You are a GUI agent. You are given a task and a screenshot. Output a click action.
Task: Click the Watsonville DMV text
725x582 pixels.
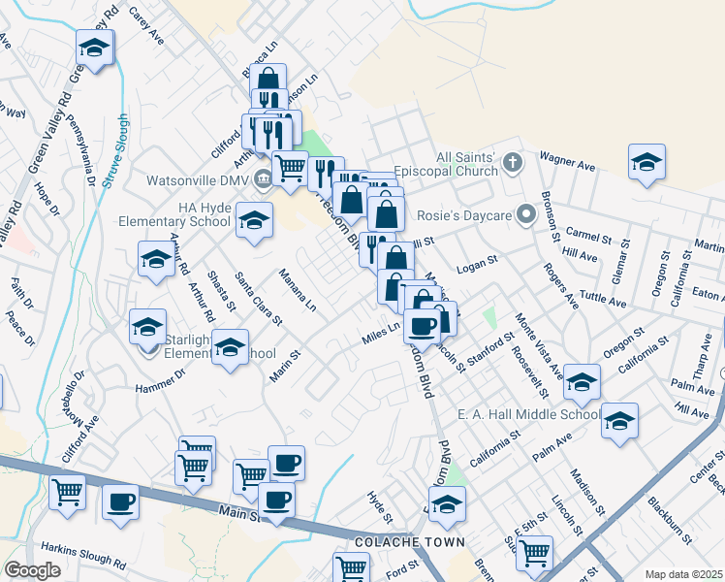198,179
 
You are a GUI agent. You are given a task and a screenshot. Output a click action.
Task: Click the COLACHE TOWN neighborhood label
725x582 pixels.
397,541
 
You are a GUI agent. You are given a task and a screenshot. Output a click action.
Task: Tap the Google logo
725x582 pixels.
33,569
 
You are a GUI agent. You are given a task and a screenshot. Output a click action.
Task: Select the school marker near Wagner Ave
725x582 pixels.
646,162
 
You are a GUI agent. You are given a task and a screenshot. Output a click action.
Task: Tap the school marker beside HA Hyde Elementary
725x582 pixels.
254,221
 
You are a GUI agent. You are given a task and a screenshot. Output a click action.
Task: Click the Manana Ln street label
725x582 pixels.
298,290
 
